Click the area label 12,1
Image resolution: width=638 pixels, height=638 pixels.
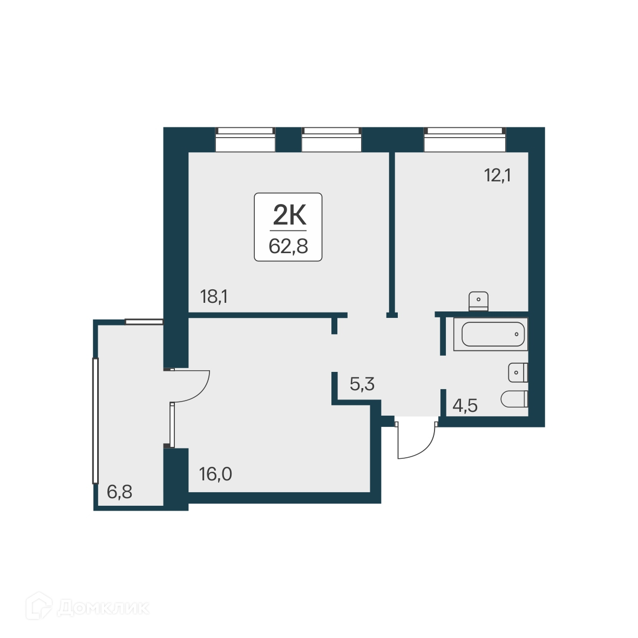(x=497, y=175)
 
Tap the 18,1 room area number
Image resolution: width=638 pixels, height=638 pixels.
(x=213, y=296)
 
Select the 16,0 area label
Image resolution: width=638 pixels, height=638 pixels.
(x=215, y=474)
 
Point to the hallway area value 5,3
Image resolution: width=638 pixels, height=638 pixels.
(x=362, y=384)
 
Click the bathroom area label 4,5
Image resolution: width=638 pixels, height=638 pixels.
(x=465, y=405)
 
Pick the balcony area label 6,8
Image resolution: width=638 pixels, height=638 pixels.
(x=119, y=492)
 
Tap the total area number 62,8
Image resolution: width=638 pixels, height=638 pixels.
(x=288, y=246)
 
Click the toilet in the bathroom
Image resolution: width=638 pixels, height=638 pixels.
(x=514, y=399)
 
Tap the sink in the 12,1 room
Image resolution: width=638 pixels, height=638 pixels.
(x=478, y=301)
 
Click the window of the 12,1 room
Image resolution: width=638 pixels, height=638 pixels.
(x=465, y=139)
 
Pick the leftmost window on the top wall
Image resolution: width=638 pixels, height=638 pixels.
(x=245, y=139)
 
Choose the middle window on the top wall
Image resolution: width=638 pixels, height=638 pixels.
(x=331, y=139)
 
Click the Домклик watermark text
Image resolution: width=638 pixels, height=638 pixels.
(x=103, y=607)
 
